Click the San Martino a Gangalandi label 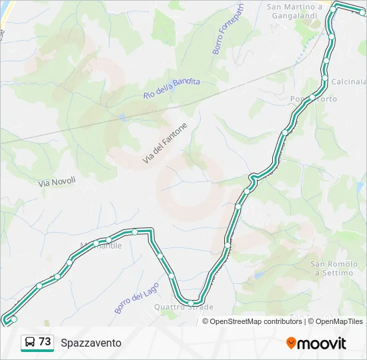[294, 11]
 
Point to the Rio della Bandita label [171, 87]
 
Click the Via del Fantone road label [165, 143]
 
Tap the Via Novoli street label [57, 181]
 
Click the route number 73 [45, 341]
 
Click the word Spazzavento [91, 343]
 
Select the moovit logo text [322, 343]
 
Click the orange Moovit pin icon [291, 343]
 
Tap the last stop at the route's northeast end [362, 12]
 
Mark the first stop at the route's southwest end [14, 319]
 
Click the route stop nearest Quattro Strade [191, 303]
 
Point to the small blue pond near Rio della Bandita [123, 117]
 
